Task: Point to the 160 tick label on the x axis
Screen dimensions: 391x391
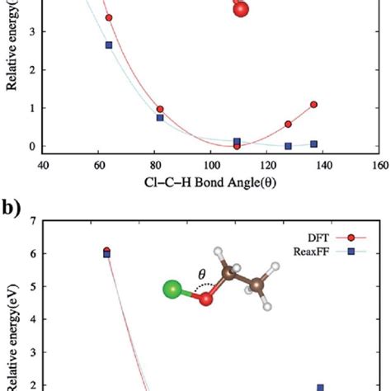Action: click(379, 165)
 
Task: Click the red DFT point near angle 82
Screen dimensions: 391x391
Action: click(160, 109)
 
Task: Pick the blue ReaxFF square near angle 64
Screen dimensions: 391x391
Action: click(109, 45)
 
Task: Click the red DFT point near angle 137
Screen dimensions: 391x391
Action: click(313, 105)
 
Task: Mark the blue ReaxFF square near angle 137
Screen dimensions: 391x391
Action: click(313, 144)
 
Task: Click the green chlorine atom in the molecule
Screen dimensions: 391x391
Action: click(172, 290)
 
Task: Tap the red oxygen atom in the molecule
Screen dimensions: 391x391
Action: click(206, 298)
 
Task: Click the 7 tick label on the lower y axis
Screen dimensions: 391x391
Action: click(31, 221)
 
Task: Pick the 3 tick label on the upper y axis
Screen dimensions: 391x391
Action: click(31, 31)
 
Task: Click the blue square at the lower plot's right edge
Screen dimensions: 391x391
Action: click(321, 387)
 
